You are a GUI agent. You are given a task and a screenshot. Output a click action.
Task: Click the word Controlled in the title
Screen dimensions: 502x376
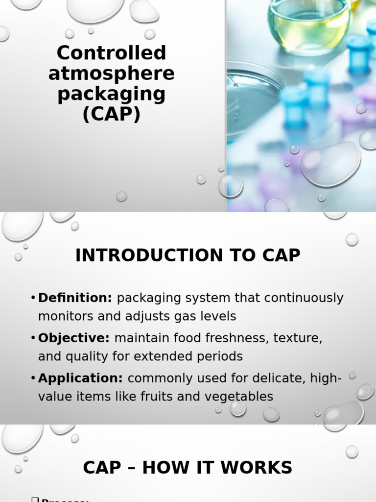[x=112, y=53]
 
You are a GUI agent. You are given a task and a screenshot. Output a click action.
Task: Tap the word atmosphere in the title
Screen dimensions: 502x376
[x=112, y=74]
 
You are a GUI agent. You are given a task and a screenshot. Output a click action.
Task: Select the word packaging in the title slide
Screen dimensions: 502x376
[x=112, y=94]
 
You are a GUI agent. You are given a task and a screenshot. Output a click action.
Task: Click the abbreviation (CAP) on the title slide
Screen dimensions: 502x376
[x=112, y=114]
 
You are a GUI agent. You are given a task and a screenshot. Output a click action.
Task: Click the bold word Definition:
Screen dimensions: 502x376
[x=75, y=298]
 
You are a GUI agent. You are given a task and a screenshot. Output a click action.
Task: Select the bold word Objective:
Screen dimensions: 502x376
[x=74, y=338]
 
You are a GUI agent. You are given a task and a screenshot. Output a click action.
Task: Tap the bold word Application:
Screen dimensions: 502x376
[x=81, y=378]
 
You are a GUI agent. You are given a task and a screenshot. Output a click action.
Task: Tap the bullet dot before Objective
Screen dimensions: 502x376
[x=33, y=338]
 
